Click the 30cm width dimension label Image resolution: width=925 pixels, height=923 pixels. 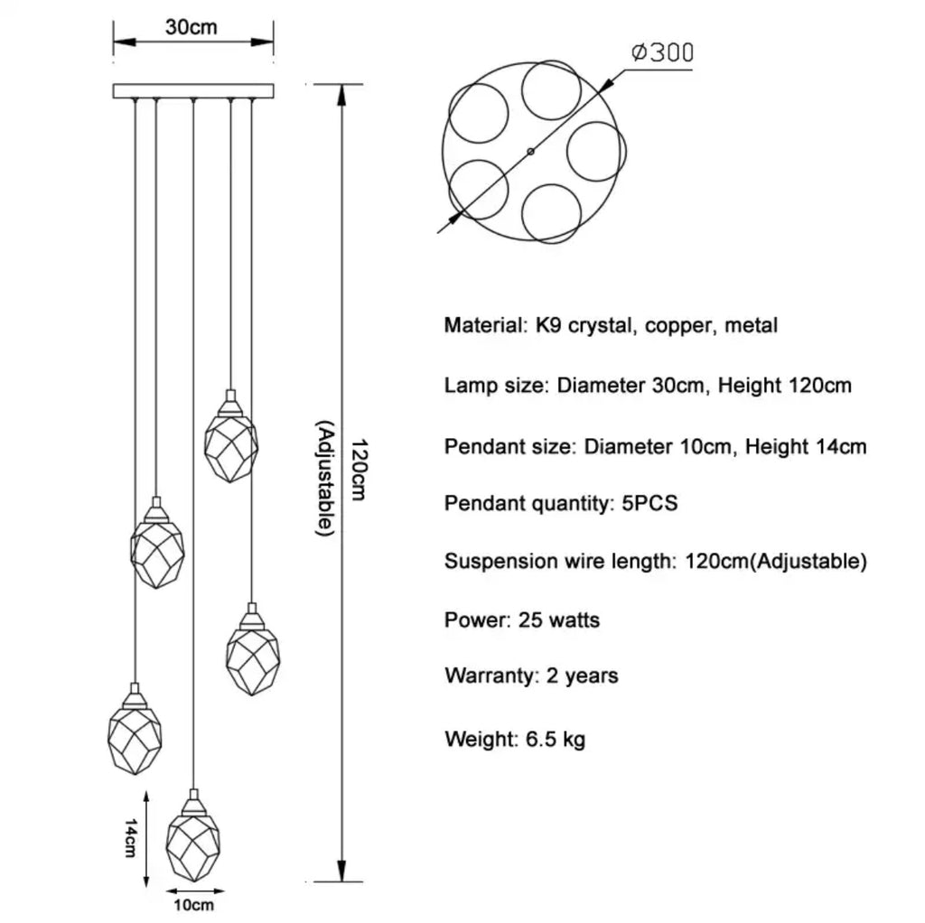tap(192, 27)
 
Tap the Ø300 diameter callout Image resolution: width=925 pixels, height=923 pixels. tap(661, 52)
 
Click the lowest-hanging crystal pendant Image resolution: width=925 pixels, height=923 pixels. tap(192, 839)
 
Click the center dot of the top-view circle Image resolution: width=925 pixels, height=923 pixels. tap(530, 153)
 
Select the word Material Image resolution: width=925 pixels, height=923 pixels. tap(482, 326)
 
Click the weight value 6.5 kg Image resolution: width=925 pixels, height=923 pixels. tap(555, 741)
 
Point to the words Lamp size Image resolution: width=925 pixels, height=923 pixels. tap(494, 387)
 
